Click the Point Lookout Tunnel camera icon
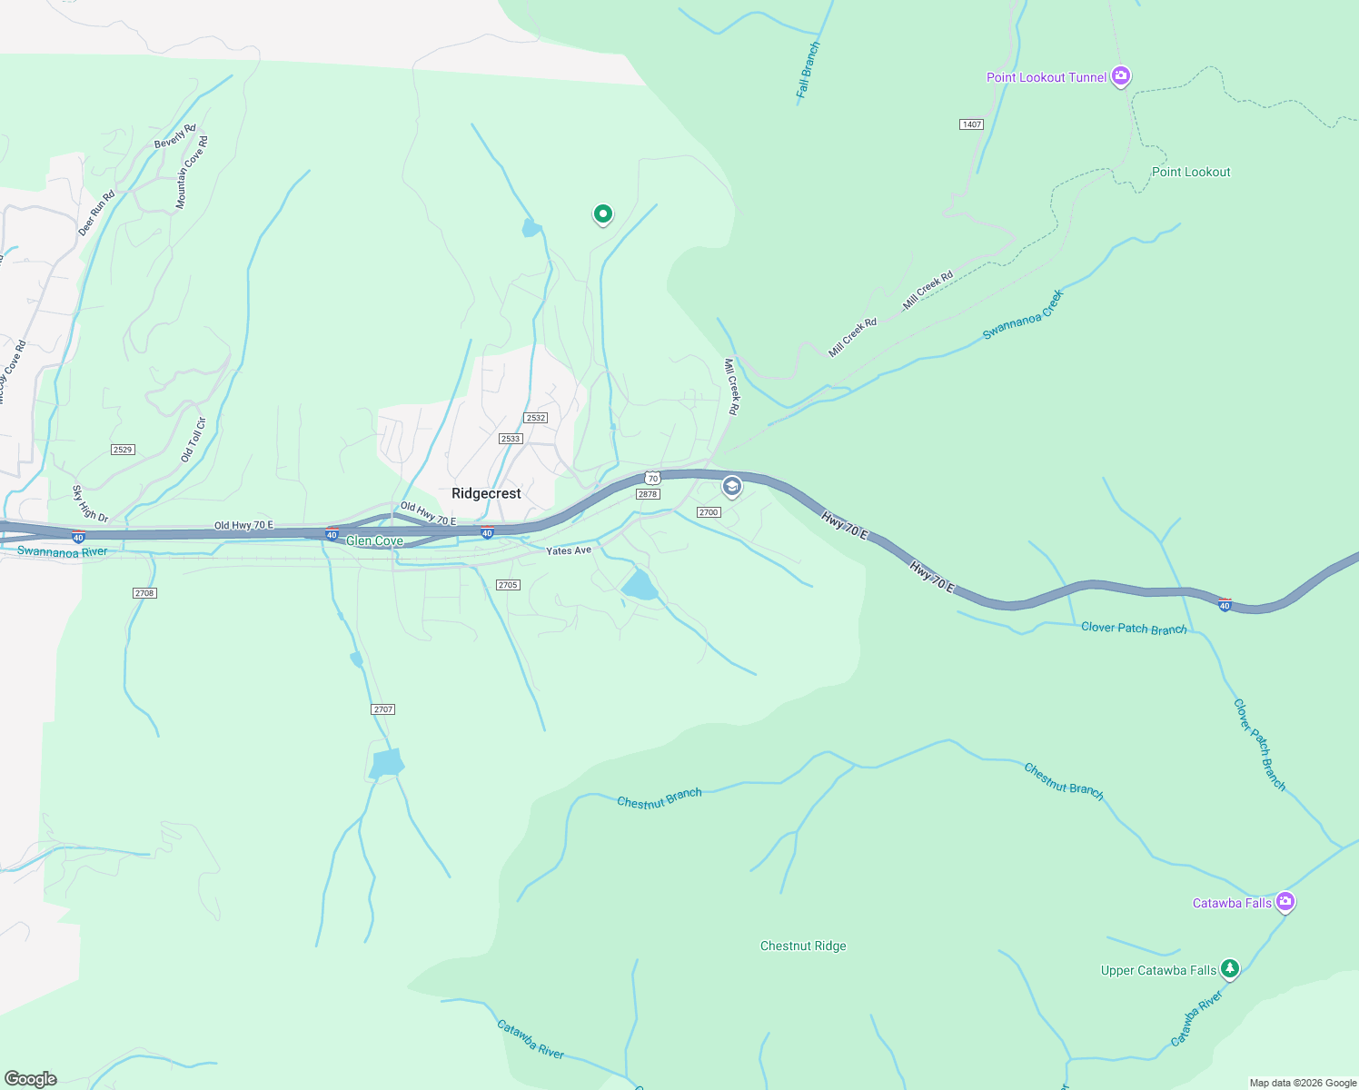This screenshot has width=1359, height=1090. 1121,76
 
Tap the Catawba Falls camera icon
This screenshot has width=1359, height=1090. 1285,902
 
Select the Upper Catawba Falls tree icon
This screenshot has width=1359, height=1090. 1230,969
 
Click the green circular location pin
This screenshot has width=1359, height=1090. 602,214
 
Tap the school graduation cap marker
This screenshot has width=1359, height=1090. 731,487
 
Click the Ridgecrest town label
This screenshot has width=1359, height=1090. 486,493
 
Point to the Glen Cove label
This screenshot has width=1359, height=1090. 374,540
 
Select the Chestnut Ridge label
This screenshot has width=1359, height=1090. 803,946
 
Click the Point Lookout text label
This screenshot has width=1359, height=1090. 1191,172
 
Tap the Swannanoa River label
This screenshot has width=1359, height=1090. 62,551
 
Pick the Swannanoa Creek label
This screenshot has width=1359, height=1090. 1023,315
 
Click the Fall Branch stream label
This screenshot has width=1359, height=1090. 808,69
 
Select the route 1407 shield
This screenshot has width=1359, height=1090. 971,124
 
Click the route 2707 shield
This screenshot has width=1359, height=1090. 382,708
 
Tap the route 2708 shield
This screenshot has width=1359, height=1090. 144,592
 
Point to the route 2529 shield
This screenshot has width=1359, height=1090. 123,450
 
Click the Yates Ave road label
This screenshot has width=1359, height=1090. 569,550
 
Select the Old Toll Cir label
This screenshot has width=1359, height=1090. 193,440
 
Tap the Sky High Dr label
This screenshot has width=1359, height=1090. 90,504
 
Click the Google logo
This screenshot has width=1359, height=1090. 30,1079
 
